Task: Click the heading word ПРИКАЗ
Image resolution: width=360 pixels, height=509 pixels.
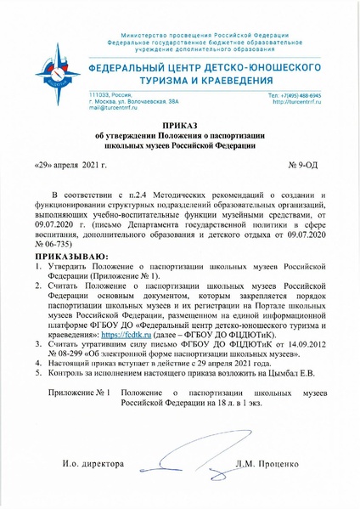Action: click(180, 125)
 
